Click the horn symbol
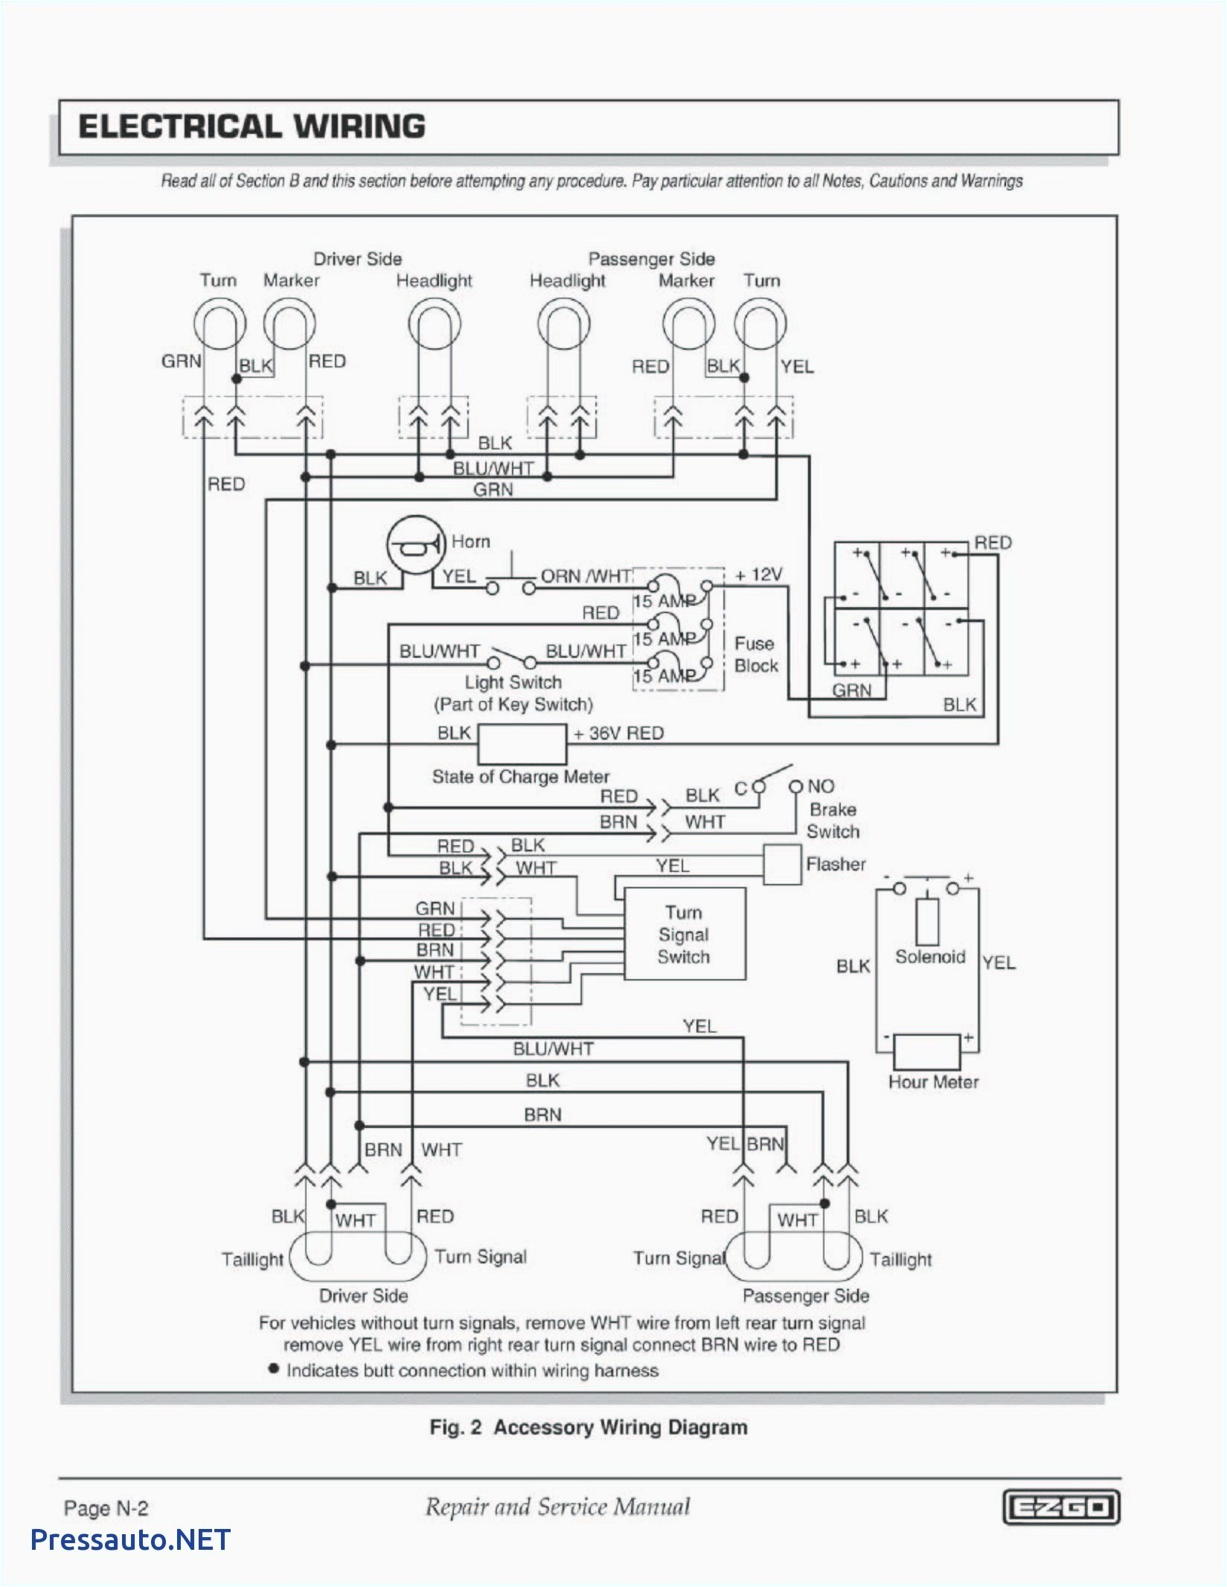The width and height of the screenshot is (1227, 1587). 415,547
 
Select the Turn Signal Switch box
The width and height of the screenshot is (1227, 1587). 684,934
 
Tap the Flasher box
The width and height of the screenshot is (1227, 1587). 782,865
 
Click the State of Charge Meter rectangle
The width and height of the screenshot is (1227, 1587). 521,744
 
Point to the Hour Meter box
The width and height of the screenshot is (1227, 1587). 926,1052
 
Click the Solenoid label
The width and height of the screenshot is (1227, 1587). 929,957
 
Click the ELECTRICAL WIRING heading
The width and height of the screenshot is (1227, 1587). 252,126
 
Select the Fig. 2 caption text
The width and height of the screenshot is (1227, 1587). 588,1427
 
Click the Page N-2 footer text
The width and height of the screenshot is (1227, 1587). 106,1508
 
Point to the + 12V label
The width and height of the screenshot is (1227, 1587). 758,575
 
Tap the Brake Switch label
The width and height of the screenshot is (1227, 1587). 833,820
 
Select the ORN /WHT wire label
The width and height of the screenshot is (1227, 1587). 586,577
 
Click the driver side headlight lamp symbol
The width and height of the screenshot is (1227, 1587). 435,324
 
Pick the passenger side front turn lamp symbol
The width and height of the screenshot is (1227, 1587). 760,324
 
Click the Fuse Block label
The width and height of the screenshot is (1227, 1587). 755,655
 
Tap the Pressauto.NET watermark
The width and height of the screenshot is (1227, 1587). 130,1539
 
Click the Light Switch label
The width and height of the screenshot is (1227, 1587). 513,682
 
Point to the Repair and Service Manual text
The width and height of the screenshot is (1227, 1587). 557,1507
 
